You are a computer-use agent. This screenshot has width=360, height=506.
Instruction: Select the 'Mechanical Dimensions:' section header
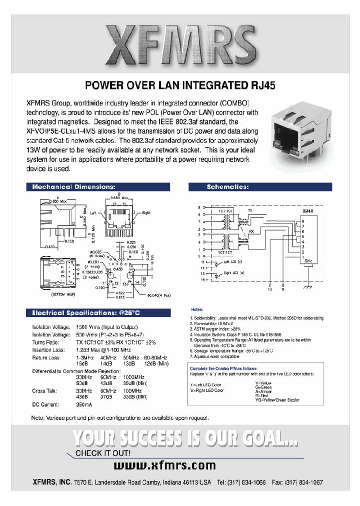tap(73, 187)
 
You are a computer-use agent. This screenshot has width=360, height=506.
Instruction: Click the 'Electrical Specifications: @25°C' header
tap(87, 313)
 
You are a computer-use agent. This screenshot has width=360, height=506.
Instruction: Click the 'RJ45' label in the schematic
tap(307, 211)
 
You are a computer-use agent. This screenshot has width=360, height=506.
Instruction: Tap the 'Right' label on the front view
tap(146, 212)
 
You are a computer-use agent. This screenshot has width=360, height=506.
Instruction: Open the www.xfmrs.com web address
tap(165, 465)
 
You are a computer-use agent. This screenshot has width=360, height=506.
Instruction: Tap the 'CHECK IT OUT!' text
tap(103, 453)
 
